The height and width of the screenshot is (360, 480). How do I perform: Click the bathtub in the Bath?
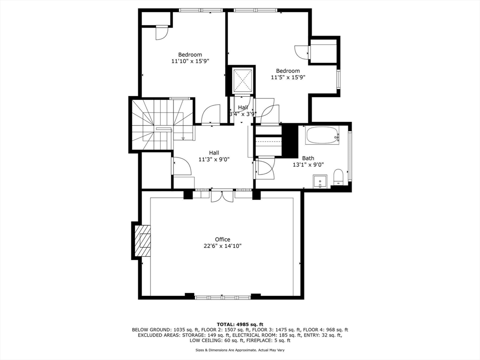click(322, 135)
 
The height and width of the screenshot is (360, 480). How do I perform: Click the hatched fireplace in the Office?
click(143, 240)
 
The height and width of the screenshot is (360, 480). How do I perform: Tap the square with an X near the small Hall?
click(243, 81)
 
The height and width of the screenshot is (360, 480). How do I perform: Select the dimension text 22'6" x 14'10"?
click(222, 246)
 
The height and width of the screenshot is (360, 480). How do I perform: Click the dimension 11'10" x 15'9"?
click(190, 61)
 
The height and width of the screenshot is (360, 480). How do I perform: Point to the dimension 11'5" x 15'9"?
click(288, 77)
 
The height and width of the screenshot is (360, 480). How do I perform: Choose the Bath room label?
click(308, 158)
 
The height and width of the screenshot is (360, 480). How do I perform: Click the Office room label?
click(222, 239)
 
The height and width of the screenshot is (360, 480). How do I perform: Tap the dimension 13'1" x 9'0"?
click(308, 165)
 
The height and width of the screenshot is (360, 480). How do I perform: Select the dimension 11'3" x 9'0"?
click(214, 159)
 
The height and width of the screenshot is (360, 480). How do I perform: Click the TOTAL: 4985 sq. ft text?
click(240, 324)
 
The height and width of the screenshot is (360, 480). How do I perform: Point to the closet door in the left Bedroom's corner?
click(161, 33)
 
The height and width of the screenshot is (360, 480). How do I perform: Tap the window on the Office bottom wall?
click(223, 297)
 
